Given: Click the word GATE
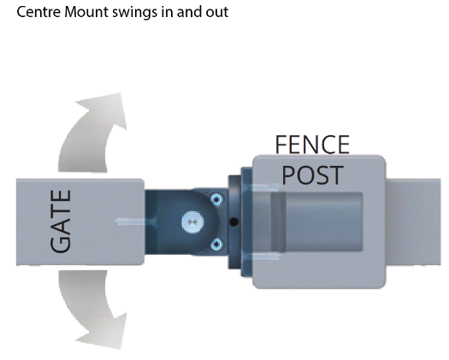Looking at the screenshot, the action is pos(61,221).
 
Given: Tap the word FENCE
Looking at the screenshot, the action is pos(312,145).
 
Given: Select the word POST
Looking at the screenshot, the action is pos(313,175).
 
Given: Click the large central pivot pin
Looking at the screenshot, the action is pos(192,222).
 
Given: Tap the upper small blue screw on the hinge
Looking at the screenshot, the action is pos(216,198).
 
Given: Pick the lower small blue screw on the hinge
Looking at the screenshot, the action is pos(216,245).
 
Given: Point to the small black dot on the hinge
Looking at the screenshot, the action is pos(234,222).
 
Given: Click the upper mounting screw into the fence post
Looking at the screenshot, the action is pos(263,188).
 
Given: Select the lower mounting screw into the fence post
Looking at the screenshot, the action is pos(263,257).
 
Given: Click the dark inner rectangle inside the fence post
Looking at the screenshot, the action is pos(317,222).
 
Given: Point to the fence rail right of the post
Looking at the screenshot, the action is pos(413,222).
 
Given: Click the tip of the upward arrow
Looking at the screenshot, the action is pos(121,93).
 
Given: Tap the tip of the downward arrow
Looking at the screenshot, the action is pos(121,349).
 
